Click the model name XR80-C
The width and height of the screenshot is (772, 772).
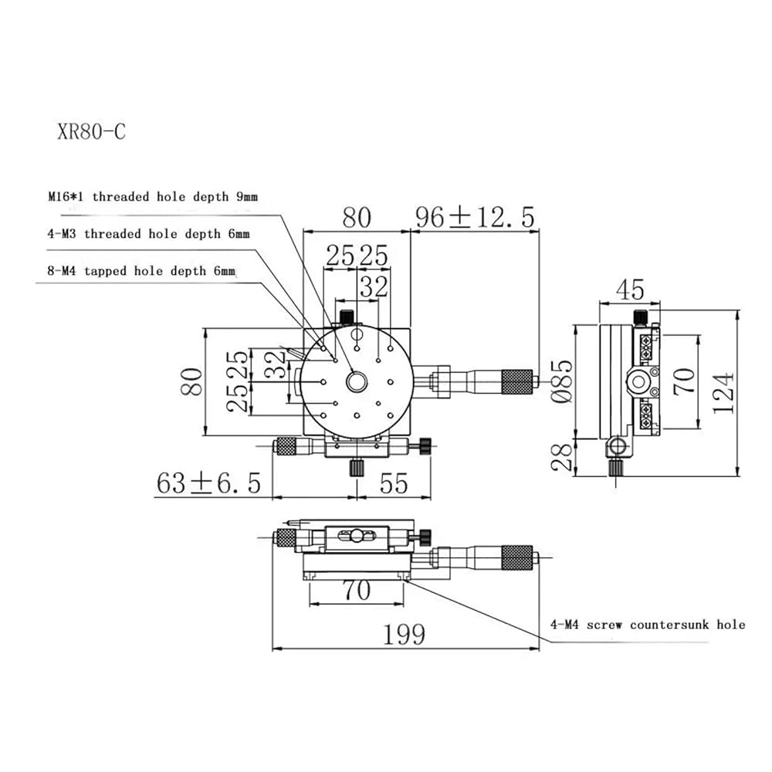coord(92,132)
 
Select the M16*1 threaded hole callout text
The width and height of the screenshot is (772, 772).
coord(153,197)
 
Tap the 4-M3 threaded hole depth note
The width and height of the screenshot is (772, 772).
coord(148,233)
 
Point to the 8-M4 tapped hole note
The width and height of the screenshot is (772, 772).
coord(141,271)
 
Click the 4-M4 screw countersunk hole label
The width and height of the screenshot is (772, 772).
coord(648,625)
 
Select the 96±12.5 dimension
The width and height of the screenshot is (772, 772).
coord(475,217)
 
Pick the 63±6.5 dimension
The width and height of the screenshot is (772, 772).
coord(208,482)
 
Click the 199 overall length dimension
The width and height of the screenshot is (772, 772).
coord(404,634)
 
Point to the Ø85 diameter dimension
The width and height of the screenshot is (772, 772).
coord(562,381)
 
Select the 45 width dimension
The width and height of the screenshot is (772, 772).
coord(630,289)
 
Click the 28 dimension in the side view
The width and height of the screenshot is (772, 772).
coord(562,457)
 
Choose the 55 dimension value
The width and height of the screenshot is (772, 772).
coord(394,483)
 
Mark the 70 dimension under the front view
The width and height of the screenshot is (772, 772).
coord(357,591)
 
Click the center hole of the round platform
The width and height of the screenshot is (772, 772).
coord(357,381)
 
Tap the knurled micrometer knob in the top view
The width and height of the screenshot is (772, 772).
coord(517,381)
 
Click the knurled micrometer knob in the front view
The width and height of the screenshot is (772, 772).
coord(517,558)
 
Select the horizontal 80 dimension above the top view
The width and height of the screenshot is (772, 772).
coord(357,218)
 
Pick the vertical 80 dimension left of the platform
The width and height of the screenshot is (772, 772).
coord(191,381)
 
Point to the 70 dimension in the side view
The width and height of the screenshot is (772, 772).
coord(684,381)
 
